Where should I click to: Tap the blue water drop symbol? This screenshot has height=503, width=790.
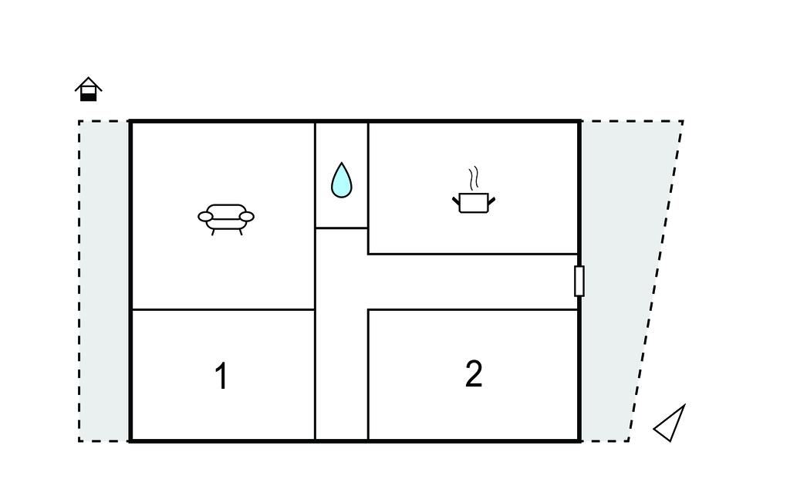[x=342, y=180]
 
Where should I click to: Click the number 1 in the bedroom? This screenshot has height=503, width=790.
[x=221, y=376]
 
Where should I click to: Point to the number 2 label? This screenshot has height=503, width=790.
[x=474, y=373]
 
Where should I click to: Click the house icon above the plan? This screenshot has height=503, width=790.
[x=89, y=89]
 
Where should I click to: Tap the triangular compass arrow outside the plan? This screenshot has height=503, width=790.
[x=670, y=424]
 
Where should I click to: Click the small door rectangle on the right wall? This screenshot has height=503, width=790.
[x=579, y=281]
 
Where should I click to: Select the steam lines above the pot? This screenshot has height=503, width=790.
[x=473, y=178]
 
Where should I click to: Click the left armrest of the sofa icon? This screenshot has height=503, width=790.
[x=205, y=217]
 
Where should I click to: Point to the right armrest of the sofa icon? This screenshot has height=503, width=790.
[x=246, y=217]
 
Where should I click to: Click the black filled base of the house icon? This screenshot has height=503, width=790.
[x=89, y=96]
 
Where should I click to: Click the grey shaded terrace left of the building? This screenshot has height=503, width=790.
[x=104, y=281]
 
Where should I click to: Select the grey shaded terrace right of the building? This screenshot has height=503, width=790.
[x=625, y=281]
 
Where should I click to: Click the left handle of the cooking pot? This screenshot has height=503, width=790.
[x=457, y=201]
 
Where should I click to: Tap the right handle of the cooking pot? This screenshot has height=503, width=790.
[x=491, y=201]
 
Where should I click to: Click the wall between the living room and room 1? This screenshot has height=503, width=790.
[x=223, y=309]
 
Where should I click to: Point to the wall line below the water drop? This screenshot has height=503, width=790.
[x=342, y=228]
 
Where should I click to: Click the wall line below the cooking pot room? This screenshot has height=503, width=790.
[x=473, y=254]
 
